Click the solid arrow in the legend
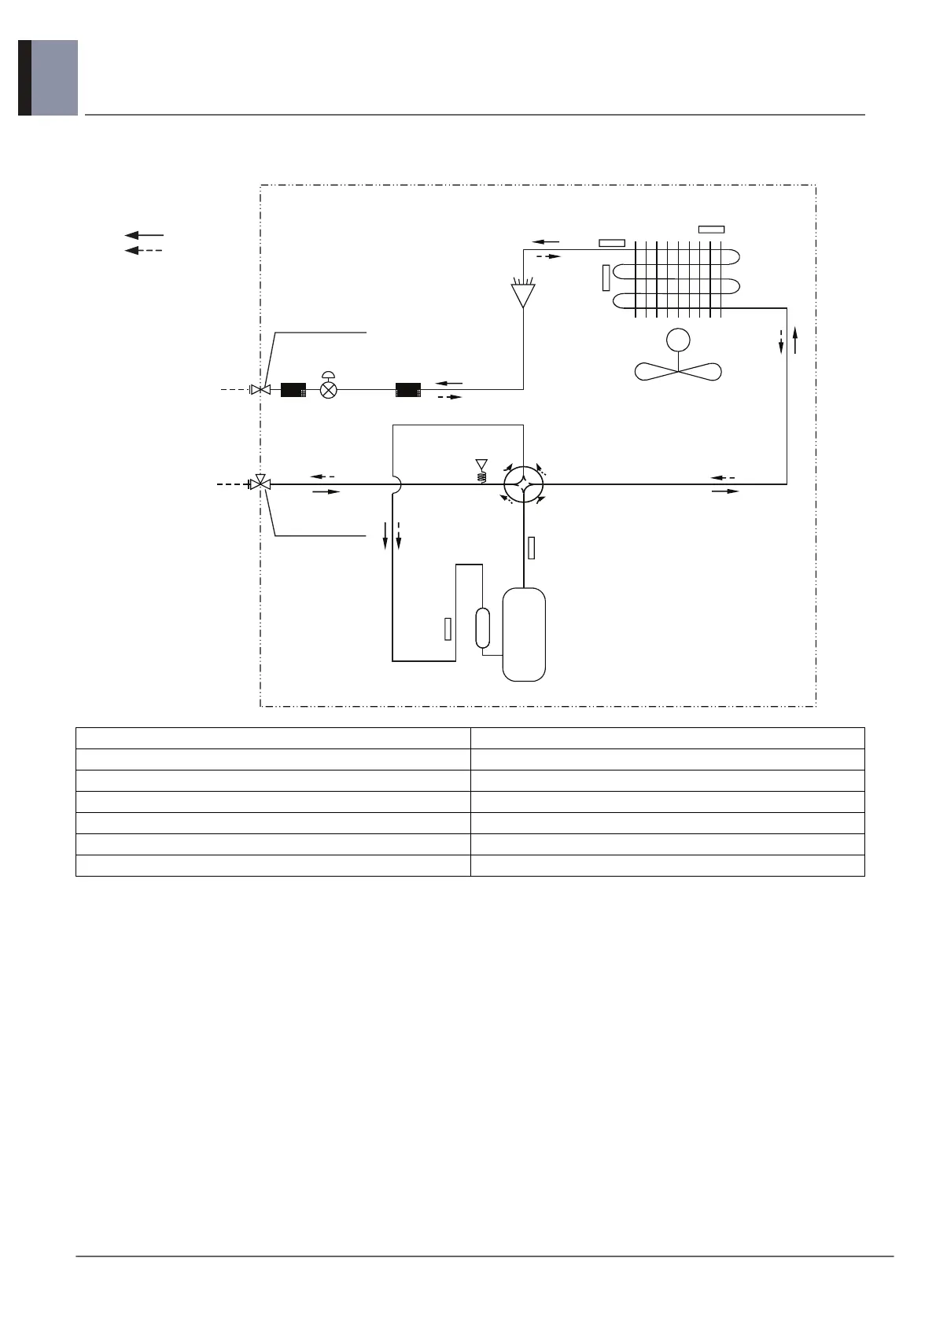point(143,234)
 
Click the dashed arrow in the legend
point(143,251)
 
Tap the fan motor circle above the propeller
point(677,340)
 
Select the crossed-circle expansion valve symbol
point(328,389)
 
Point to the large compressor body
point(524,634)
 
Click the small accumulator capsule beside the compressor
point(483,627)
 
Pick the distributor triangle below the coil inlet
point(521,295)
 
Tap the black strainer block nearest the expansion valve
point(293,390)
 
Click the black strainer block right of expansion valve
point(408,390)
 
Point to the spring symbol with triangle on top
point(481,470)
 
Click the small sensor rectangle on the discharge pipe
point(532,547)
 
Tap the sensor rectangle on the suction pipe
point(448,629)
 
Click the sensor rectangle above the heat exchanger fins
point(711,229)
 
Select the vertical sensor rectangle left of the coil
point(606,278)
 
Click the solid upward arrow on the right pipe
point(796,341)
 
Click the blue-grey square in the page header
point(54,78)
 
